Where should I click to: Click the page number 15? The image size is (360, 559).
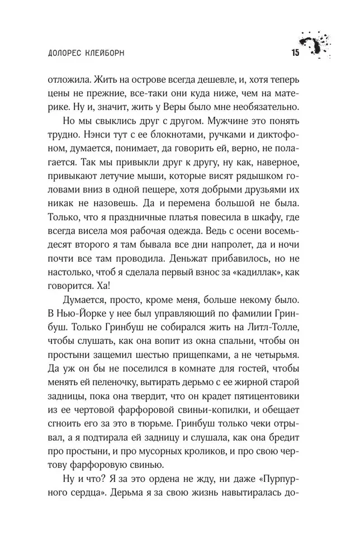(295, 53)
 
